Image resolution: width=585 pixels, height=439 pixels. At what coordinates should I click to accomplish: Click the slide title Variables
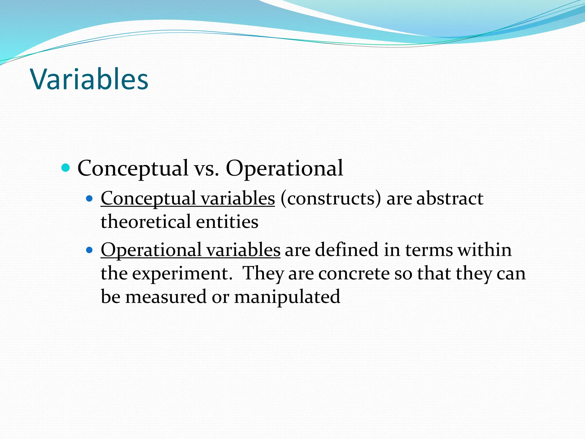point(89,79)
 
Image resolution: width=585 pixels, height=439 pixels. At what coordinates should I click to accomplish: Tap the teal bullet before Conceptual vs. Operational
point(66,168)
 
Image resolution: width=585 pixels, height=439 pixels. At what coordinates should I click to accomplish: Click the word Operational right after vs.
point(285,168)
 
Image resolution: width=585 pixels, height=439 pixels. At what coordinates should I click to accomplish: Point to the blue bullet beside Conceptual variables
point(90,198)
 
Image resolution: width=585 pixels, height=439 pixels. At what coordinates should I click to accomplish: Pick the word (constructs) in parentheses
point(331,198)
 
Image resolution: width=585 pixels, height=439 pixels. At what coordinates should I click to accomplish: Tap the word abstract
point(450,198)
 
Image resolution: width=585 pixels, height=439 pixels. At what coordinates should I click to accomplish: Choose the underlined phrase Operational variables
point(191,250)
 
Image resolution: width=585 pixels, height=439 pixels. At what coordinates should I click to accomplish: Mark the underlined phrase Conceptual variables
point(188,198)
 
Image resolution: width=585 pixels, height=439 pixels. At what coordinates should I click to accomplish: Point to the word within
point(484,250)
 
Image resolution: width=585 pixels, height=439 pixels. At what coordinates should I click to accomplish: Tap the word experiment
point(182,274)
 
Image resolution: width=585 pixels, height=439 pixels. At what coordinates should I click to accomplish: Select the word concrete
point(354,274)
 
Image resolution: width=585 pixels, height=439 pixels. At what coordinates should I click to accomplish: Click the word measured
point(166,297)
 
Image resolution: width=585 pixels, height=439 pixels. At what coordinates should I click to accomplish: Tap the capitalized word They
point(263,274)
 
